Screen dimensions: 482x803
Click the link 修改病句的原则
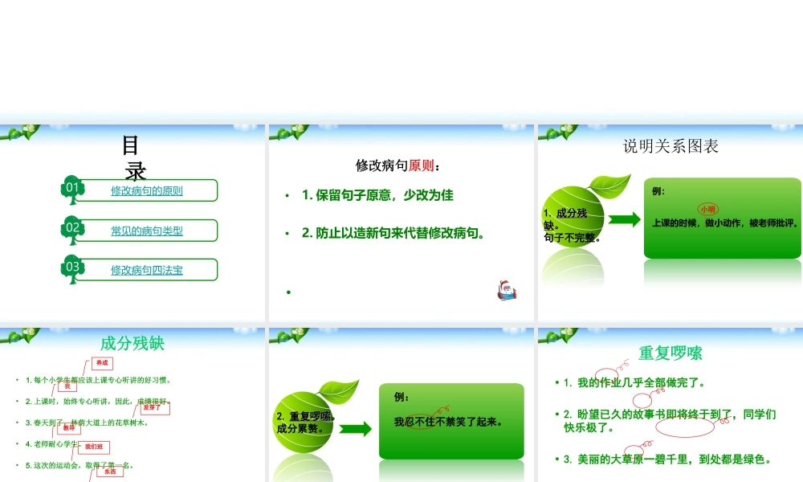tap(147, 191)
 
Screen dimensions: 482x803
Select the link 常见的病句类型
tap(147, 231)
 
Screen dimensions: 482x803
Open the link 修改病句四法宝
tap(147, 270)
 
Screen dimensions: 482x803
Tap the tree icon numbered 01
tap(73, 190)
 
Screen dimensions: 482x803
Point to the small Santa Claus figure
tap(506, 290)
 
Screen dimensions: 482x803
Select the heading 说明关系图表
tap(671, 145)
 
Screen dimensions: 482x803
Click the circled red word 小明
tap(707, 209)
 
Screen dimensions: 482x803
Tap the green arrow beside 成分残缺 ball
tap(624, 219)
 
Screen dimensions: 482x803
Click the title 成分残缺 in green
tap(132, 343)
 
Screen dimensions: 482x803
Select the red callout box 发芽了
tap(152, 407)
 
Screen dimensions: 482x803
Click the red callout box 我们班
tap(94, 447)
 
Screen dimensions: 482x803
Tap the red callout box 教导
tap(68, 428)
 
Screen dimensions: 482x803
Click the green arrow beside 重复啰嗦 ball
tap(356, 428)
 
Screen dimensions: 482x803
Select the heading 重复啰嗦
tap(671, 353)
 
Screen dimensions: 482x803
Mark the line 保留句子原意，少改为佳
tap(377, 195)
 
